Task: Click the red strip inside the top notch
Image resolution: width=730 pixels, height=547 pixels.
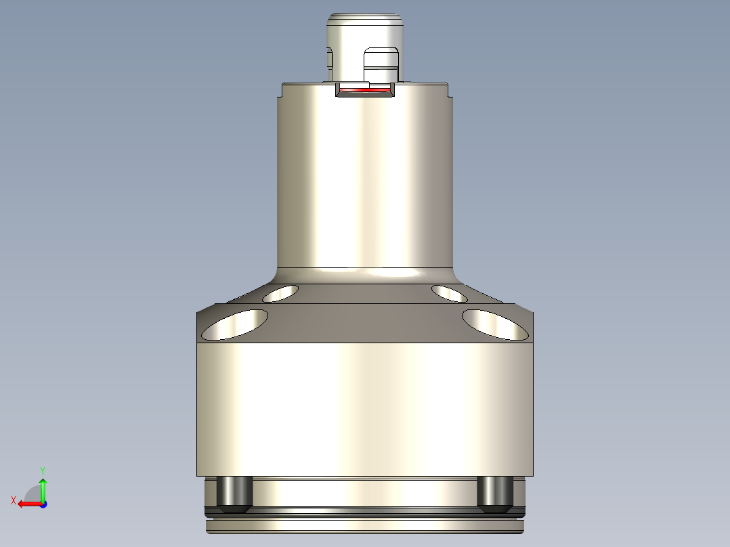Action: point(366,90)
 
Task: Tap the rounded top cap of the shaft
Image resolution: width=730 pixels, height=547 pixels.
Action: point(365,20)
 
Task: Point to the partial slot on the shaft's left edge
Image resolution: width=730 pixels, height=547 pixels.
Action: point(330,59)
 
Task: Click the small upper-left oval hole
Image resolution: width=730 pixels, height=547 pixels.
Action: point(280,293)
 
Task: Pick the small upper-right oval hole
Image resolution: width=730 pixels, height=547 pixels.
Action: point(449,293)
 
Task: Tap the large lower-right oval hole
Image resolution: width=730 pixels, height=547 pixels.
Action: point(495,324)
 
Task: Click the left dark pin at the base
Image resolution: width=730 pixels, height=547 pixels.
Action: point(234,492)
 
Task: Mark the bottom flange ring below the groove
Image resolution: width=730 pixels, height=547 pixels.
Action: point(365,525)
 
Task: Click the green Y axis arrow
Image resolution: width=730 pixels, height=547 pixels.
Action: point(43,486)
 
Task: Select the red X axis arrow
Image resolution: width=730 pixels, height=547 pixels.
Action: point(27,504)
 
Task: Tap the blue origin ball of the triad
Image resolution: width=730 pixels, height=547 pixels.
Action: point(43,504)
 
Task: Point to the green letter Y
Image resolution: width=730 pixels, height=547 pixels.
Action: point(43,470)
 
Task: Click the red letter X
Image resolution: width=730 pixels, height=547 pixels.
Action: point(13,500)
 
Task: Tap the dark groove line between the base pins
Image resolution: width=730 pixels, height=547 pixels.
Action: point(365,508)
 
